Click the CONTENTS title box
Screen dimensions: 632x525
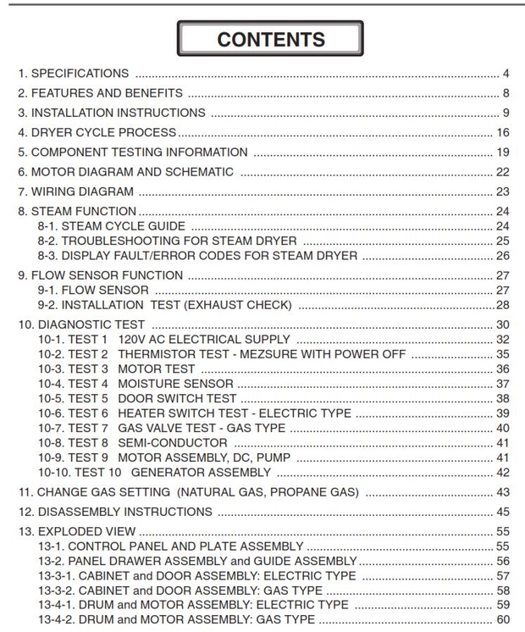[x=270, y=39]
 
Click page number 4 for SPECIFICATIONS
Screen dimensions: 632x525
[x=506, y=73]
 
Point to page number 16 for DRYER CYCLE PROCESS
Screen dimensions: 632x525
[x=503, y=132]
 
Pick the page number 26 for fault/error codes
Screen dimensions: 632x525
[x=503, y=256]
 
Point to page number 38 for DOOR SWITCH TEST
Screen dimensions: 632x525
[x=503, y=398]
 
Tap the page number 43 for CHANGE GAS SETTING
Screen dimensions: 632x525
[x=503, y=492]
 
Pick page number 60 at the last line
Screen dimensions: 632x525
[x=503, y=620]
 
